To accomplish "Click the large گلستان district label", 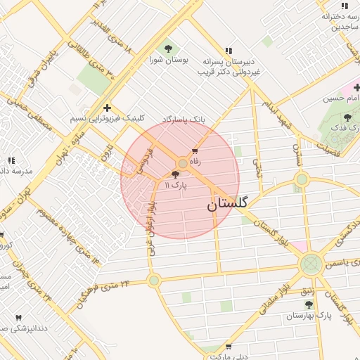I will click(228, 205).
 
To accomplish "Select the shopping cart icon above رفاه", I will click(195, 151).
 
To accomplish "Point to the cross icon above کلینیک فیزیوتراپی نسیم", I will click(107, 108).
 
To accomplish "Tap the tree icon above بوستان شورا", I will click(167, 49).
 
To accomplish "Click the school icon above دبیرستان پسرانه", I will click(228, 50).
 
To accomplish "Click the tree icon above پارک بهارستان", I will click(309, 304).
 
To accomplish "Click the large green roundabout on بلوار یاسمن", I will click(310, 265).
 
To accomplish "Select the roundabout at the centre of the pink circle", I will click(182, 163).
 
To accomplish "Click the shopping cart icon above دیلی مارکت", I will click(229, 347).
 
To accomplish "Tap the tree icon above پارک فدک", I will click(348, 117).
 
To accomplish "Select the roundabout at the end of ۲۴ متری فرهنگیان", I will click(154, 280).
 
